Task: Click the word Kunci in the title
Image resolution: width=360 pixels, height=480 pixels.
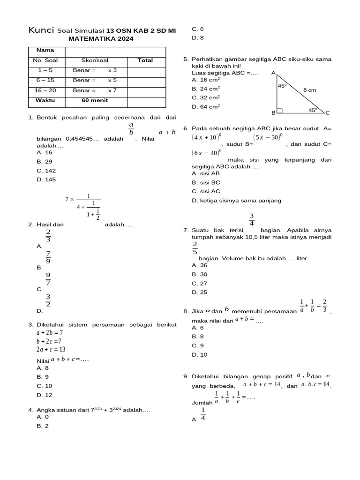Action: (x=41, y=30)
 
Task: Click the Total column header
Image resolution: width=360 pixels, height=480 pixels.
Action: (x=145, y=60)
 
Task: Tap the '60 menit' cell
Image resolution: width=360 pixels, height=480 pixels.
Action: (x=95, y=100)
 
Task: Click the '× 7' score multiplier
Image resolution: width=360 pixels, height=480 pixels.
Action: (x=112, y=90)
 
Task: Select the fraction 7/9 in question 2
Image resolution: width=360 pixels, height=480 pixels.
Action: (x=48, y=257)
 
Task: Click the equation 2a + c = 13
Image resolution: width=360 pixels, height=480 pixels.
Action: (x=51, y=349)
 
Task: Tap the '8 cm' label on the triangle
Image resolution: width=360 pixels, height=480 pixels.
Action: (x=309, y=90)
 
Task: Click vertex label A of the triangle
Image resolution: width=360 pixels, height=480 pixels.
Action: (x=273, y=73)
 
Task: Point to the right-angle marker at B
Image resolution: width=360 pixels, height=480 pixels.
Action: (x=280, y=111)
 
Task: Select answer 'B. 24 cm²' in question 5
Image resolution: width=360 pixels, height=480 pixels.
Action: (x=206, y=89)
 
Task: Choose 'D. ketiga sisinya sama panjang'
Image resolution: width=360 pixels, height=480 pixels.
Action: (x=236, y=201)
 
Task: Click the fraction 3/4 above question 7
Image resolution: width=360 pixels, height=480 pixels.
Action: (x=251, y=219)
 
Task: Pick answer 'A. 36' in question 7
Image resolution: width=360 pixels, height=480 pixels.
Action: (x=199, y=265)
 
